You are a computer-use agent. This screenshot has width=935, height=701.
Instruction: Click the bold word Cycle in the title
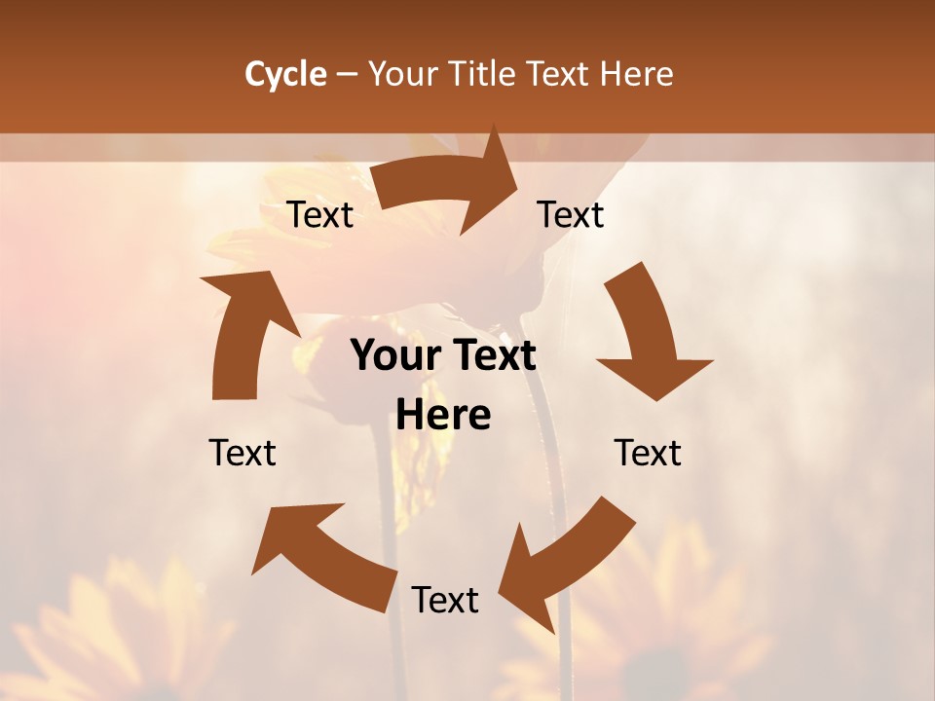pyautogui.click(x=285, y=74)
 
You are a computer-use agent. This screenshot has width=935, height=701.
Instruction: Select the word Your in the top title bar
pyautogui.click(x=400, y=74)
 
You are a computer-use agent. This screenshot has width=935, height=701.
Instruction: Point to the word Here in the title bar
pyautogui.click(x=637, y=74)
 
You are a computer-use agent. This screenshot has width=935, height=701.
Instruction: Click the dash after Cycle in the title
pyautogui.click(x=347, y=74)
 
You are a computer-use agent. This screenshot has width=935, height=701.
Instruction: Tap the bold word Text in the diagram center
pyautogui.click(x=493, y=356)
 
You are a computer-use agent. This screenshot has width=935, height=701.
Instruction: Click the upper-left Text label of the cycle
pyautogui.click(x=320, y=215)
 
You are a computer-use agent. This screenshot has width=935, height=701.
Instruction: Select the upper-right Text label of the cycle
pyautogui.click(x=571, y=215)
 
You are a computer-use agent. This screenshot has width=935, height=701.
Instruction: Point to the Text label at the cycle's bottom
pyautogui.click(x=445, y=601)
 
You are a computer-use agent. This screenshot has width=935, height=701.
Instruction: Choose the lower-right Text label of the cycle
pyautogui.click(x=648, y=454)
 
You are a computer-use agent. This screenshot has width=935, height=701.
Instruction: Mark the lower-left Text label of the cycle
pyautogui.click(x=243, y=454)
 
